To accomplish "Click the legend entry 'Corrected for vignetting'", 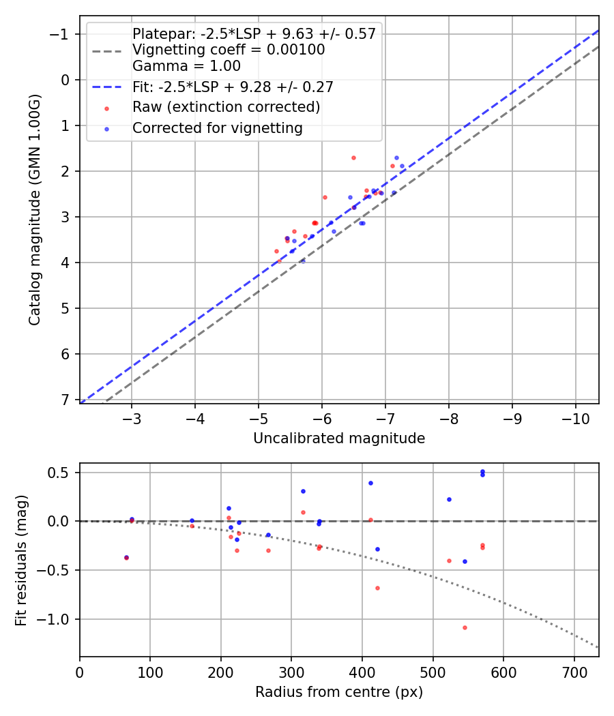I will [x=217, y=128].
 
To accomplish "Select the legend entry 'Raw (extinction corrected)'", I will [x=226, y=107].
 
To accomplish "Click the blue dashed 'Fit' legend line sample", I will [x=106, y=87].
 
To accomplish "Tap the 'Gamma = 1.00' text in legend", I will [x=186, y=67].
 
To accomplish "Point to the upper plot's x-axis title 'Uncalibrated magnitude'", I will [x=339, y=438].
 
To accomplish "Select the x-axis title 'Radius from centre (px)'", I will [x=339, y=692].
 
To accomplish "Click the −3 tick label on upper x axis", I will [x=132, y=418].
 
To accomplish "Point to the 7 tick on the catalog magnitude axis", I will [x=65, y=400].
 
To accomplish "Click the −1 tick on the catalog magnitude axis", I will [x=61, y=34].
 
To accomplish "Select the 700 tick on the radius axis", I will [x=574, y=672].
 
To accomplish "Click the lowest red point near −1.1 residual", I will [x=465, y=627].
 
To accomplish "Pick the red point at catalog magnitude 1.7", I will [x=353, y=158].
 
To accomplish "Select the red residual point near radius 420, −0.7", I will [x=377, y=588].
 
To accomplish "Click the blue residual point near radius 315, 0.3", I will [x=303, y=491].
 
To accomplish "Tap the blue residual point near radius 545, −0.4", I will [x=465, y=561].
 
